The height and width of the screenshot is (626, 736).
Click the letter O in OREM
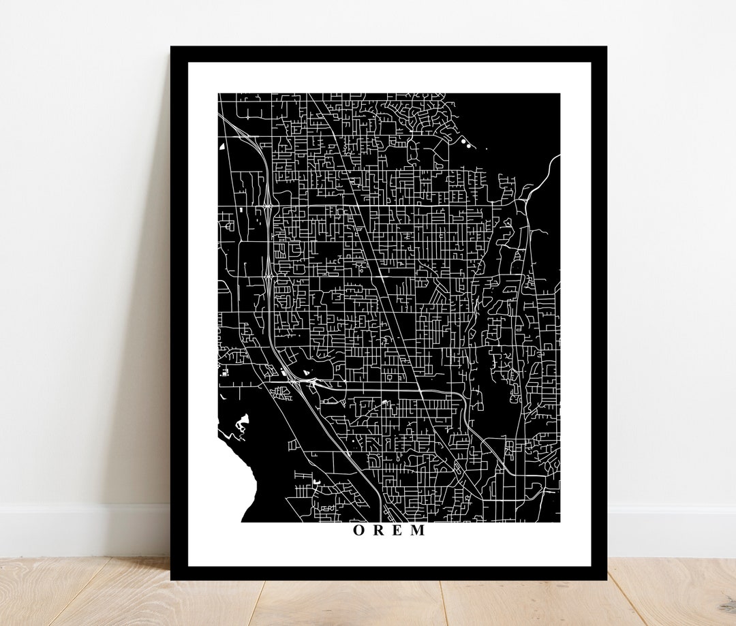tap(358, 531)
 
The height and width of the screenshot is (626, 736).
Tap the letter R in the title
tap(378, 531)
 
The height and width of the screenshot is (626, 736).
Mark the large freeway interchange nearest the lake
tap(300, 381)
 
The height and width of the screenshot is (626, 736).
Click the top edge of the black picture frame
tap(388, 54)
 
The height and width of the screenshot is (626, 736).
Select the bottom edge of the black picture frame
tap(388, 573)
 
